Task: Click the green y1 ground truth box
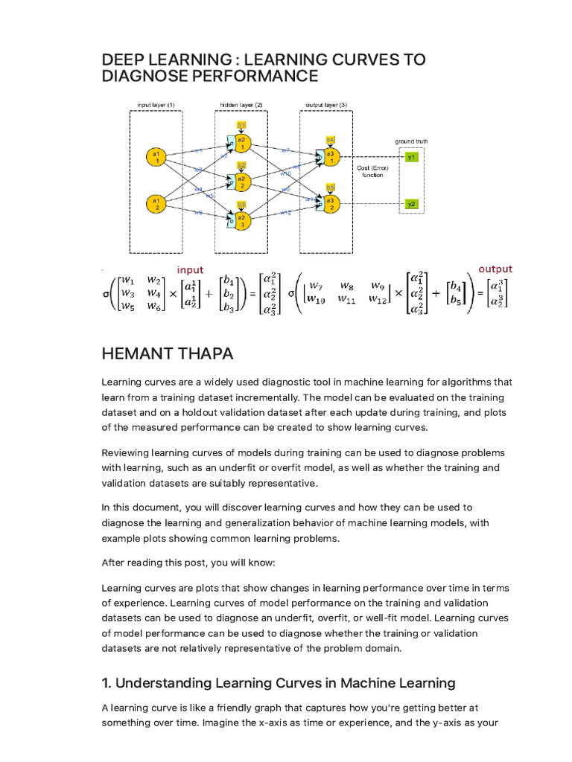(x=412, y=158)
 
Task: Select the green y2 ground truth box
(x=412, y=203)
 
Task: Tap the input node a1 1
(x=156, y=157)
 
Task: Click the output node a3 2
(x=330, y=201)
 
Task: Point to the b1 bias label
(x=241, y=125)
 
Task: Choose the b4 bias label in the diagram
(x=330, y=140)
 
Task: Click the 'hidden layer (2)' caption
(x=241, y=105)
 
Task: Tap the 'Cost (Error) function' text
(x=372, y=172)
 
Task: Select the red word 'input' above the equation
(x=190, y=269)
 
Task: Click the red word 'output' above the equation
(x=495, y=269)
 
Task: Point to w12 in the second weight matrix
(x=378, y=300)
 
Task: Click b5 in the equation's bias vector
(x=454, y=301)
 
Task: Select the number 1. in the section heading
(x=106, y=682)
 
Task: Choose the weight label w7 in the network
(x=285, y=150)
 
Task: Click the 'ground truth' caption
(x=411, y=141)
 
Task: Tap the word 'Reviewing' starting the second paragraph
(x=125, y=452)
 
